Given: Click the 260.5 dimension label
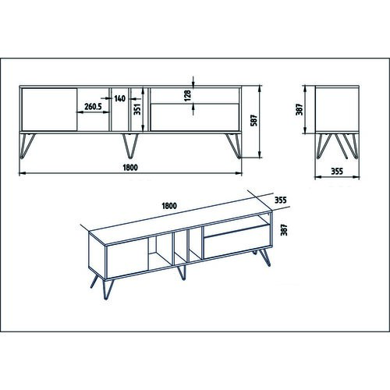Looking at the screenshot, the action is pos(93,107).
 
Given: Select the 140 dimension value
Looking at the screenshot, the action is pos(119,98).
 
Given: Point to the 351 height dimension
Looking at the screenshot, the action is pos(137,109).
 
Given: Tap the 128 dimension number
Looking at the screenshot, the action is pos(187,95).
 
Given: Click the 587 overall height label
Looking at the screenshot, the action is pos(253,120).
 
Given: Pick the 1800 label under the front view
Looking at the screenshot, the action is pos(130,168).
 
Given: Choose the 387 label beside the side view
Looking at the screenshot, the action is pos(300,109).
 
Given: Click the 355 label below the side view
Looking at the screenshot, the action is pos(337,172).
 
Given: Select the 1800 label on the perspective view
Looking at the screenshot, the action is pos(169,206).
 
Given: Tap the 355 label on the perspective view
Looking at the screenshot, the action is pos(281,200).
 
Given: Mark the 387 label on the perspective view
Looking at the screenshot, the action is pos(285,230).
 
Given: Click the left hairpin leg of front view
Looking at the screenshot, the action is pos(27,146).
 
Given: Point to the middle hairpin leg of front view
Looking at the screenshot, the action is pos(130,146).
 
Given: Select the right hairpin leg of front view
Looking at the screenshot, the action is pos(234,146).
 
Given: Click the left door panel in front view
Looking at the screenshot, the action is pos(49,109).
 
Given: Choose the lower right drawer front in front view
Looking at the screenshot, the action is pos(195,117).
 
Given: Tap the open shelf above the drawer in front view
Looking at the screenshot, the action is pos(195,96).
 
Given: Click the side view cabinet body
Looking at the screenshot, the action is pos(337,110).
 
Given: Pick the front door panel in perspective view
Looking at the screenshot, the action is pos(127,261).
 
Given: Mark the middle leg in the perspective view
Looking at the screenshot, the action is pos(182,272).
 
